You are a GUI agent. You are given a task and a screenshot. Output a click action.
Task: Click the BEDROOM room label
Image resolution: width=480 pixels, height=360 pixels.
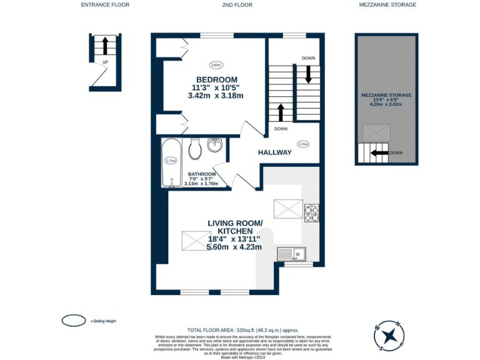pos(217,79)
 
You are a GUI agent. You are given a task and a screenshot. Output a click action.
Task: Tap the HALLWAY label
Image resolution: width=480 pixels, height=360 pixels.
pos(275,152)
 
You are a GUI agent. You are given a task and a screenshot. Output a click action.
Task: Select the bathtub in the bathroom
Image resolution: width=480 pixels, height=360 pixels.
pos(172,164)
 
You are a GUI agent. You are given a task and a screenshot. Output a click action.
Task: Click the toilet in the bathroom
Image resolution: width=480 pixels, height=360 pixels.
pos(194,148)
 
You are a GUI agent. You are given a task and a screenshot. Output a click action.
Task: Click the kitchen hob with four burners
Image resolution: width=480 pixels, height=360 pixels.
pos(311,213)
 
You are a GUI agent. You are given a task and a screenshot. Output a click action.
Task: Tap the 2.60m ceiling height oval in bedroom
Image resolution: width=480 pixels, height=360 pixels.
pos(216,64)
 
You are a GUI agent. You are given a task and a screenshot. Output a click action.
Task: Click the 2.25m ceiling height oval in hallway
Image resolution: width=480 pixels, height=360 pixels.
pos(303,144)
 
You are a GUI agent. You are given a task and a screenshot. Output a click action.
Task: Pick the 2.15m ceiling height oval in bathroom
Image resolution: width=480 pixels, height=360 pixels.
pos(169,161)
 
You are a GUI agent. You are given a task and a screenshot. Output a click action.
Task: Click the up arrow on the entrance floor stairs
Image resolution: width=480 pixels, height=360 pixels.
pos(105,46)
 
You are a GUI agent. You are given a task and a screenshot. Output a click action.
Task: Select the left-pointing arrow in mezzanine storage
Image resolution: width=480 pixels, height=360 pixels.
pos(379,152)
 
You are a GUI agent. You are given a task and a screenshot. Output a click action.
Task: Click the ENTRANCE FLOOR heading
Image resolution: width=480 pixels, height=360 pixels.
pos(105,5)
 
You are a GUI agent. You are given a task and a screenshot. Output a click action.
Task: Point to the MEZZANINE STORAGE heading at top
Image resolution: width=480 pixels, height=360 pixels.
pos(387,5)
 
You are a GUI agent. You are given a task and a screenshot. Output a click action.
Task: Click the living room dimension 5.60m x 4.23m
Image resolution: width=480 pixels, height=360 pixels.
pos(234,247)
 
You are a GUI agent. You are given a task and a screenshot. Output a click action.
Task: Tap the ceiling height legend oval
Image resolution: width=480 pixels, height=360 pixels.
pos(74,321)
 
